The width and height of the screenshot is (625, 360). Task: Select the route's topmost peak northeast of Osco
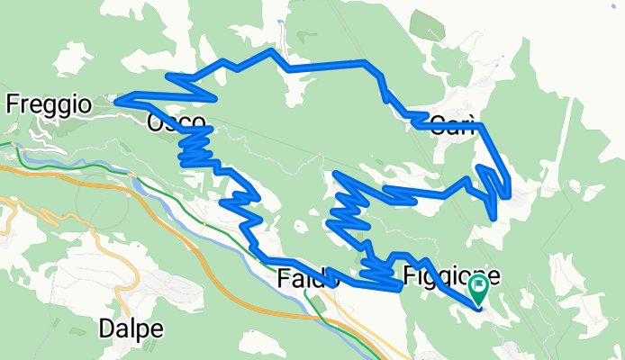(271, 51)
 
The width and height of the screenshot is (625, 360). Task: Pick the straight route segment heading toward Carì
(324, 65)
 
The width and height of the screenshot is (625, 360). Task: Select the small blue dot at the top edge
(281, 20)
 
